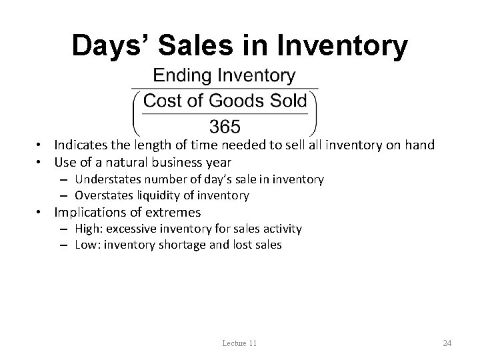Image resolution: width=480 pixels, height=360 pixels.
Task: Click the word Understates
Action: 107,179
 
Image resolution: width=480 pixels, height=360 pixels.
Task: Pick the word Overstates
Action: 103,195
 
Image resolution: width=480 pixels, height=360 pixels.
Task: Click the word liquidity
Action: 155,195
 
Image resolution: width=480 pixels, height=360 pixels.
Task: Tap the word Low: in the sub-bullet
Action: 86,245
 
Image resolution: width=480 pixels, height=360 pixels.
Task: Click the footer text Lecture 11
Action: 240,343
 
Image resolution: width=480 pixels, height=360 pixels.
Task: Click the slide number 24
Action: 447,343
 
